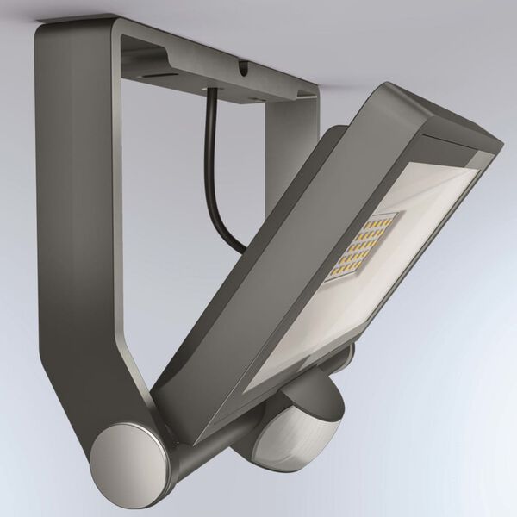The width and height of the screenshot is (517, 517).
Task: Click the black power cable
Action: pos(213,164)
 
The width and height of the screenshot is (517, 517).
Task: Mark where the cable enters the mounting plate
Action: pos(209,93)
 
